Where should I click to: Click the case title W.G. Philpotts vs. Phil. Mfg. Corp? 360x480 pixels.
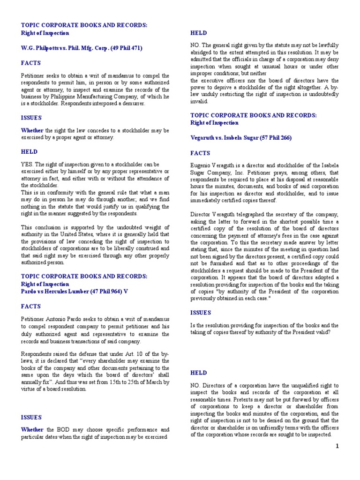click(82, 48)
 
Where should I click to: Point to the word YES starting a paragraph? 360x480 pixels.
click(27, 165)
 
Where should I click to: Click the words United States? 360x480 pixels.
click(94, 235)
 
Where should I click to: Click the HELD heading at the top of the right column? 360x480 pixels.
click(198, 33)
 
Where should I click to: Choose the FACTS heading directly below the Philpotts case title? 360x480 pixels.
click(30, 63)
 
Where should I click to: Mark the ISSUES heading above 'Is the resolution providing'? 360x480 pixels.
click(201, 312)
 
